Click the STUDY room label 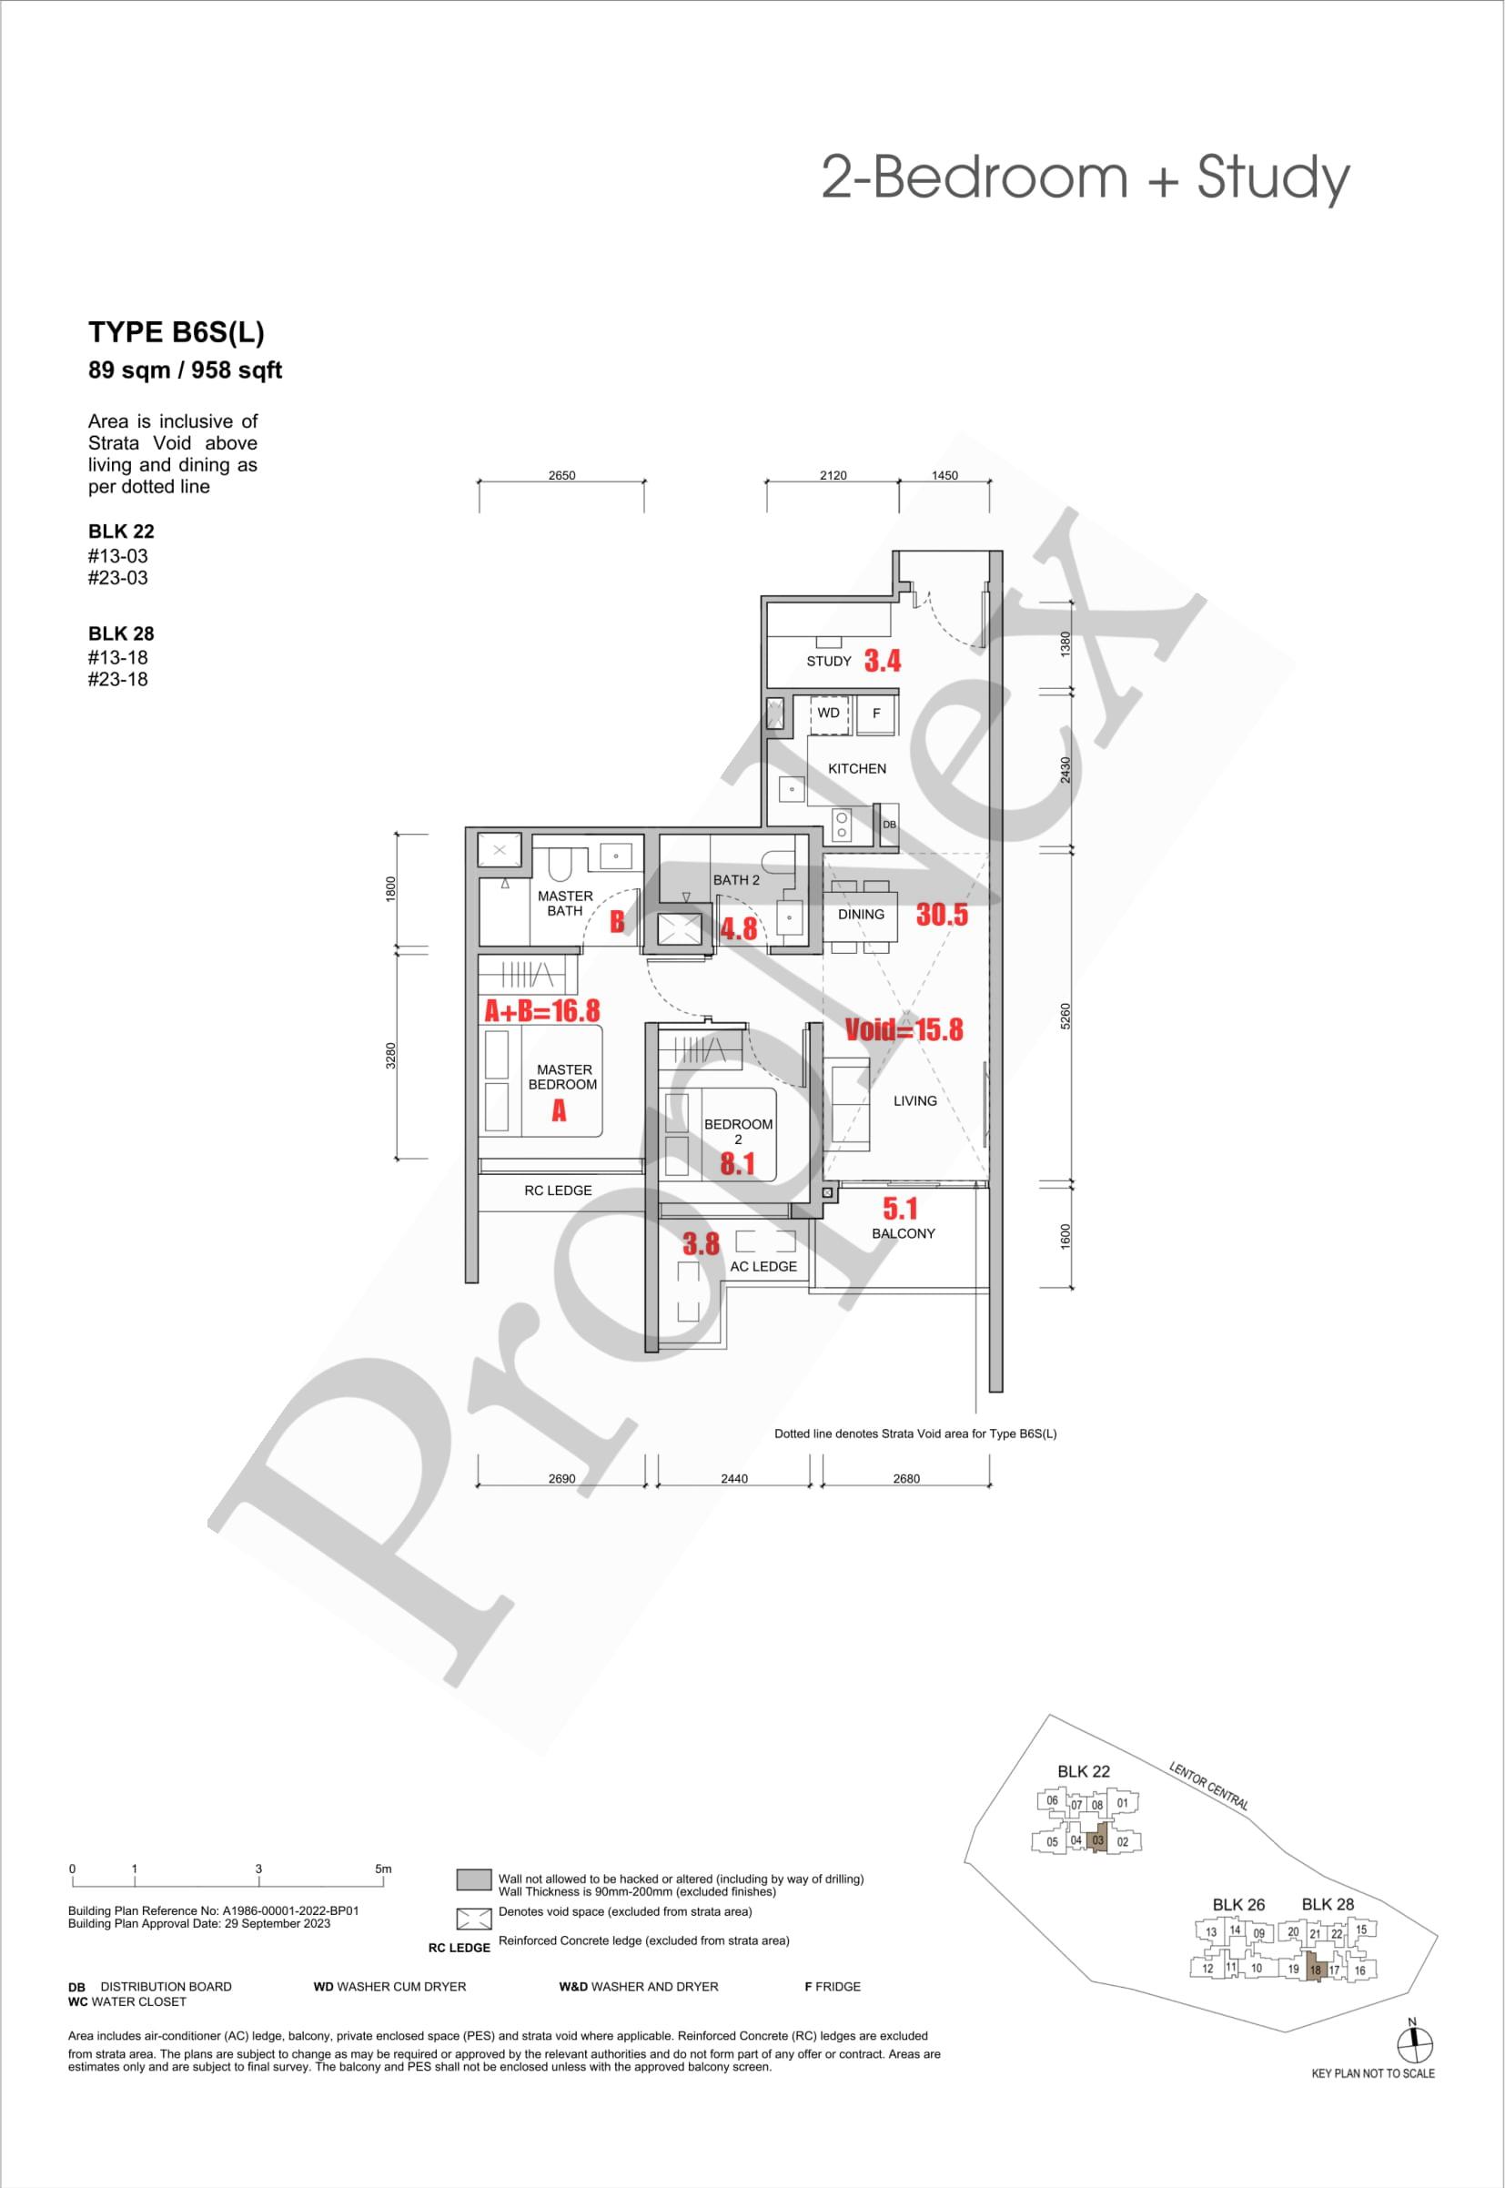[x=829, y=661]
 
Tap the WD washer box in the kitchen [x=830, y=714]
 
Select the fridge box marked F [x=876, y=714]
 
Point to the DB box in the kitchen [x=888, y=824]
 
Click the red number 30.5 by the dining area [x=942, y=914]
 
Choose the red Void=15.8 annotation [x=904, y=1029]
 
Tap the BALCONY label [x=904, y=1233]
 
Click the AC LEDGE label [x=763, y=1267]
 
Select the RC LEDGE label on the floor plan [x=559, y=1190]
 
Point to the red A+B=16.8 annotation [x=542, y=1011]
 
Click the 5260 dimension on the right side [x=1066, y=1016]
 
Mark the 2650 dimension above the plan [x=562, y=475]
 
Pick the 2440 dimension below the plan [x=733, y=1478]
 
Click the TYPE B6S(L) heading [x=177, y=332]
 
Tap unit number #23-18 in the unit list [x=118, y=679]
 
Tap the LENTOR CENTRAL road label [x=1209, y=1786]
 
